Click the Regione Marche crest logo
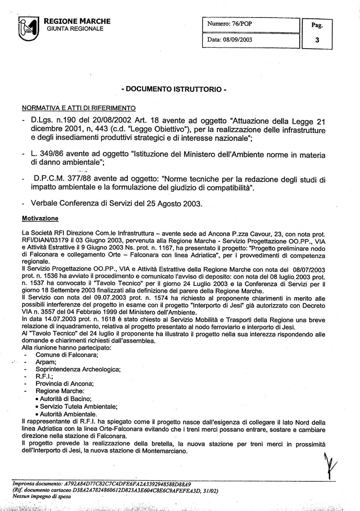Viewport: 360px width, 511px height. pyautogui.click(x=28, y=28)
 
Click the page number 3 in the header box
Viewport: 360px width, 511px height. pyautogui.click(x=317, y=40)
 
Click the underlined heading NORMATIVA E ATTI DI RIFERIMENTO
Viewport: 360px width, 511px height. pyautogui.click(x=79, y=109)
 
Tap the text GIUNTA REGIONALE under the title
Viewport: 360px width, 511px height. pyautogui.click(x=75, y=29)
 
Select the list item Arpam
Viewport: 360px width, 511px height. pyautogui.click(x=46, y=362)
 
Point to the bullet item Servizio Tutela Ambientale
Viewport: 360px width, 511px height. pyautogui.click(x=78, y=406)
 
